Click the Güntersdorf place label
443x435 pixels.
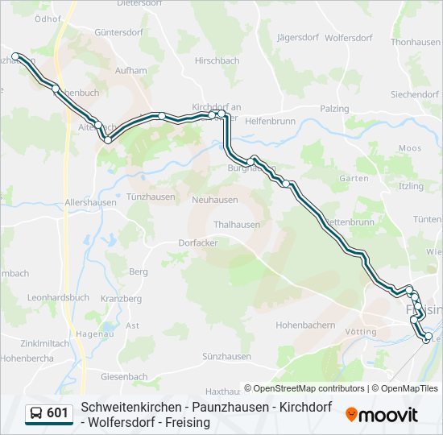[x=118, y=32]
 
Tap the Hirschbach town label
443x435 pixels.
[x=217, y=60]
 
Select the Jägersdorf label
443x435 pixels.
[x=298, y=38]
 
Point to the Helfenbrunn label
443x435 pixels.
[x=271, y=121]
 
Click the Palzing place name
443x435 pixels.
[x=334, y=109]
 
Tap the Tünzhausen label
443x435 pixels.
[x=151, y=197]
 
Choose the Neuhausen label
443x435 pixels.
[x=215, y=200]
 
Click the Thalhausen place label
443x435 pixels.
[x=237, y=225]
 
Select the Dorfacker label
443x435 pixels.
[x=198, y=242]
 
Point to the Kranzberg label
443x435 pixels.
[x=122, y=299]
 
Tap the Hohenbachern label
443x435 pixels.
[x=305, y=325]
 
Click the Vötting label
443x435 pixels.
[x=360, y=332]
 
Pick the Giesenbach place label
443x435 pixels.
[x=124, y=376]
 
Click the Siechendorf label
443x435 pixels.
[x=415, y=94]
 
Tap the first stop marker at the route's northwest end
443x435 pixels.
[x=16, y=56]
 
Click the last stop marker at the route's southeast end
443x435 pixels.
[x=428, y=337]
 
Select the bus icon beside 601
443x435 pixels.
[x=36, y=413]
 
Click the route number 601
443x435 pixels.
[x=58, y=413]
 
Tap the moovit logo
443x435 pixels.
[x=382, y=415]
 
